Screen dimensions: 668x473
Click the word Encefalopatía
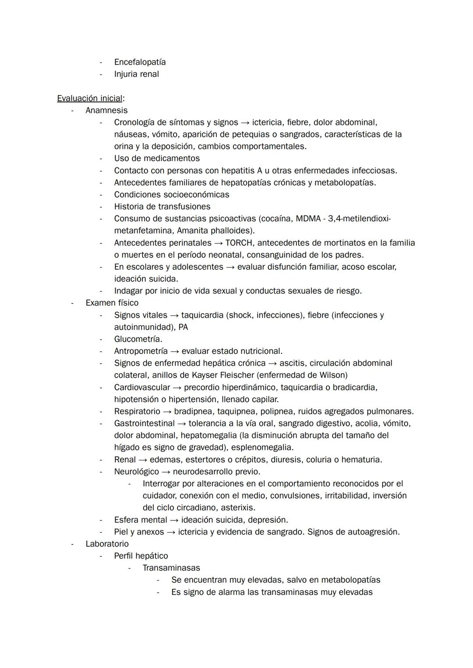pyautogui.click(x=140, y=62)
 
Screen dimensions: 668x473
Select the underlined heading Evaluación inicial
pyautogui.click(x=89, y=99)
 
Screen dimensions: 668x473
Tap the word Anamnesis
pyautogui.click(x=106, y=110)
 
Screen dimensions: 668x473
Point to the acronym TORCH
pyautogui.click(x=239, y=243)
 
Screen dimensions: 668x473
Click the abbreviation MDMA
pyautogui.click(x=308, y=219)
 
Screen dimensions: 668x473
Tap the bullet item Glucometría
pyautogui.click(x=138, y=339)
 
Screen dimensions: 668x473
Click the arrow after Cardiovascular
pyautogui.click(x=177, y=388)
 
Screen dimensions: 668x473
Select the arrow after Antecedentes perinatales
pyautogui.click(x=218, y=243)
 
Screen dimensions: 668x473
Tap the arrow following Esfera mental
pyautogui.click(x=174, y=520)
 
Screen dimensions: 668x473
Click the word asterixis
pyautogui.click(x=238, y=508)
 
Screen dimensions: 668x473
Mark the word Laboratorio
pyautogui.click(x=107, y=544)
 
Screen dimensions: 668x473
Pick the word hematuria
pyautogui.click(x=361, y=460)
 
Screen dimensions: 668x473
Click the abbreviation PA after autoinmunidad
pyautogui.click(x=183, y=327)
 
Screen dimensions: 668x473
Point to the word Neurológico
pyautogui.click(x=137, y=472)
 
